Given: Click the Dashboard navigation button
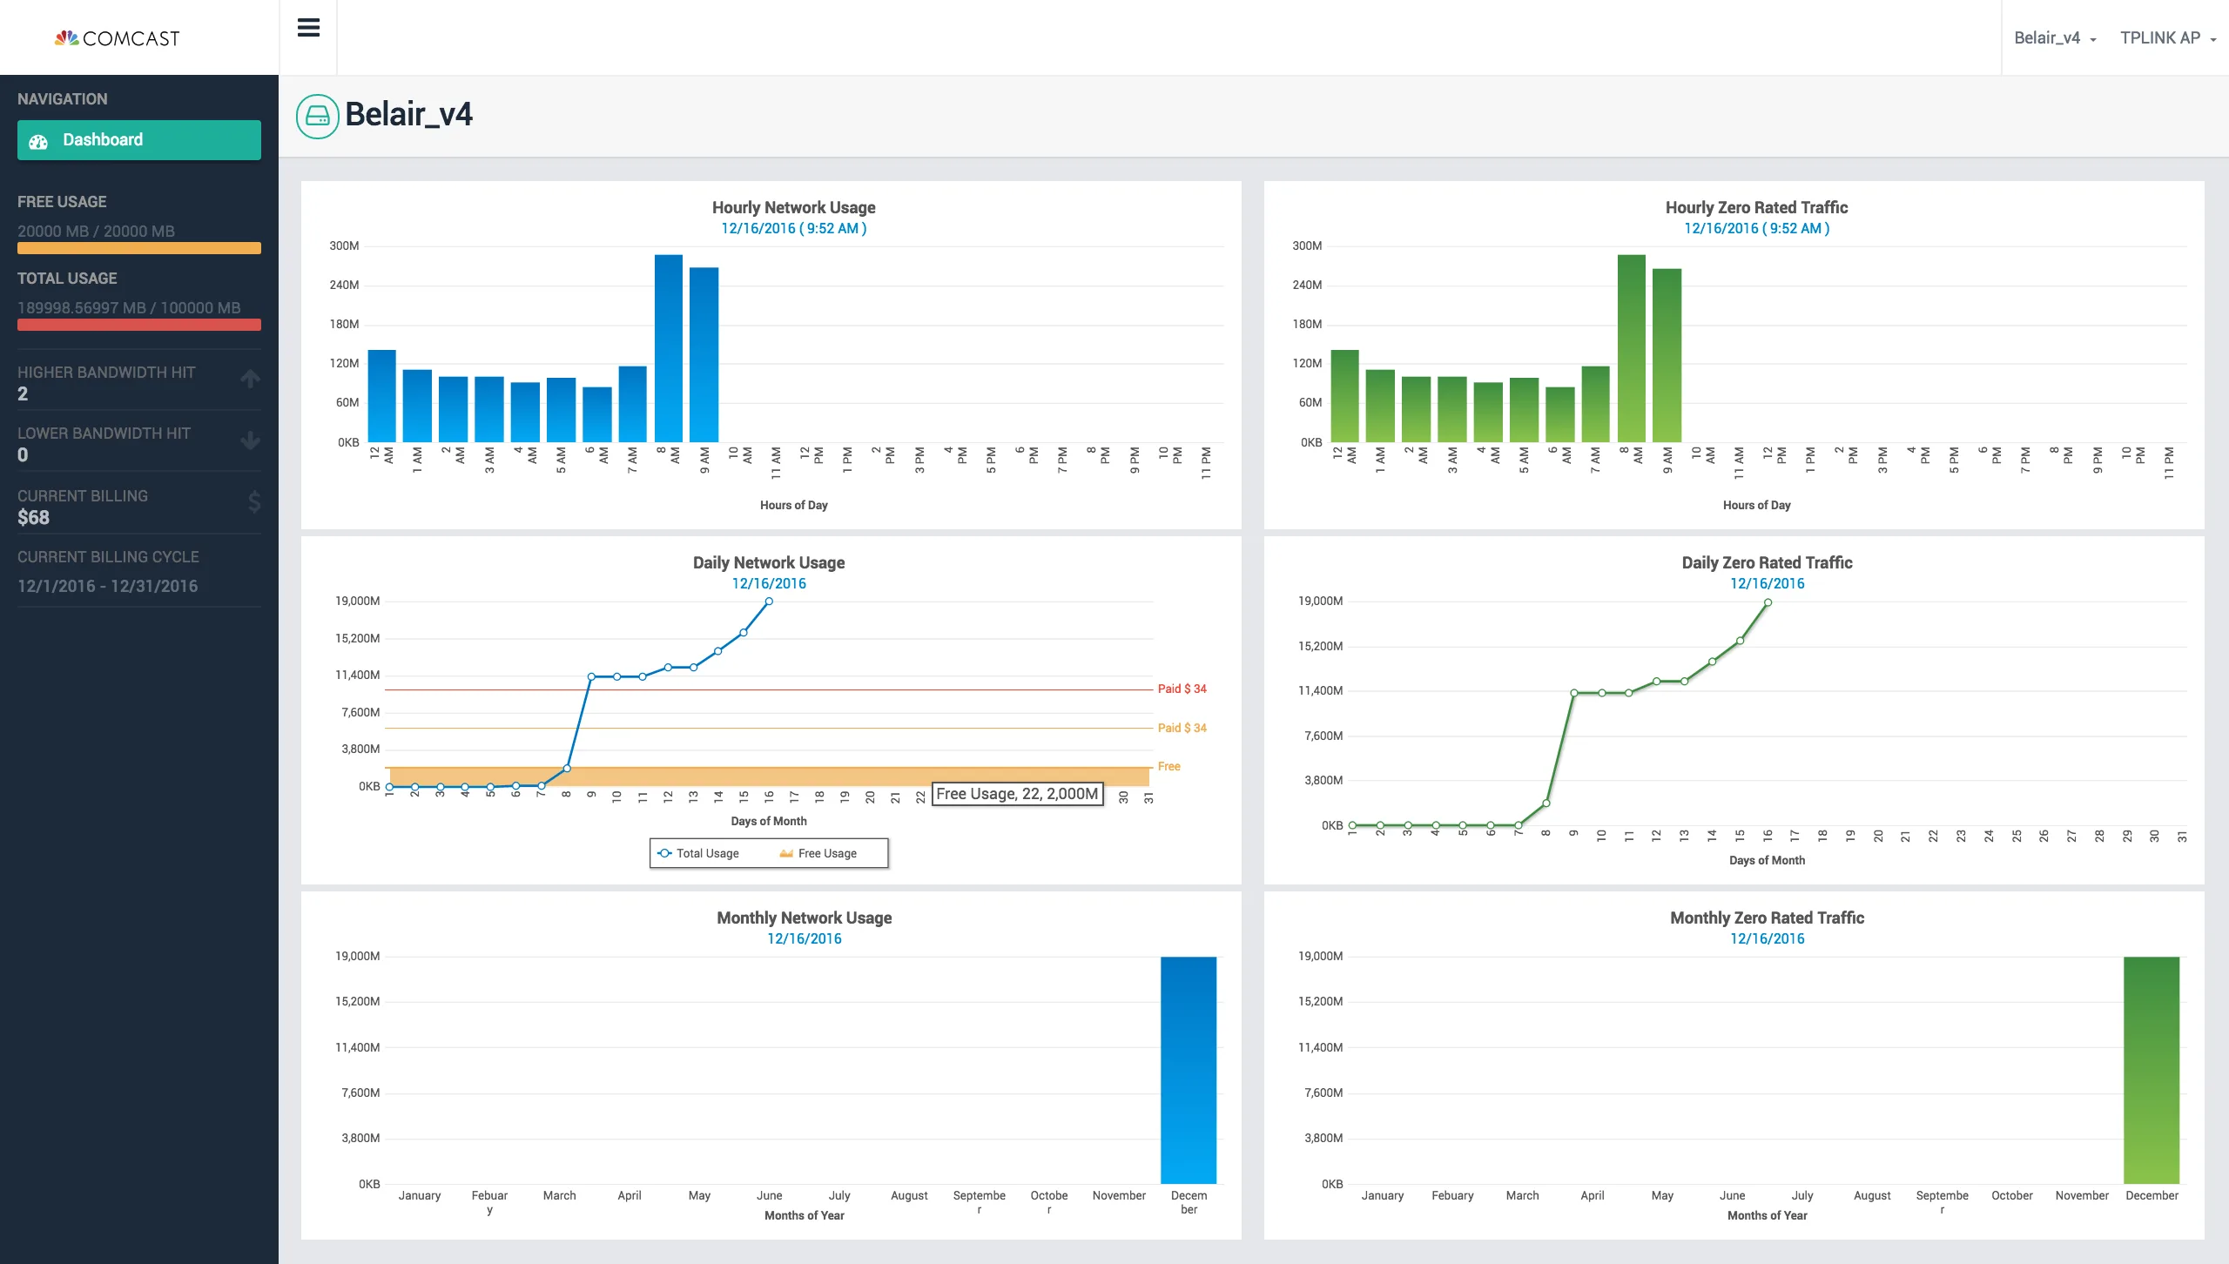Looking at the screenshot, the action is pos(139,140).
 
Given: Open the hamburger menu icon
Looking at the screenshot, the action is pos(308,28).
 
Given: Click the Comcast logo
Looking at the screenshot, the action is pos(118,38).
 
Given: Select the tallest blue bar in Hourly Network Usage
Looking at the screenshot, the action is pos(669,348).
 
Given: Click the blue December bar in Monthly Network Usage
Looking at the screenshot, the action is pos(1189,1070).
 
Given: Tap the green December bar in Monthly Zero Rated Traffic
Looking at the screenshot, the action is pos(2152,1070).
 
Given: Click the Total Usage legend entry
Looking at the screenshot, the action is pos(698,853).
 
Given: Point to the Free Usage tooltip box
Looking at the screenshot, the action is pos(1017,794).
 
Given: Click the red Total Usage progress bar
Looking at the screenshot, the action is pos(139,325).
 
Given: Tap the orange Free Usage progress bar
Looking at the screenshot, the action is pos(139,248).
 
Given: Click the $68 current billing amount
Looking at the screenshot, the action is pos(33,518).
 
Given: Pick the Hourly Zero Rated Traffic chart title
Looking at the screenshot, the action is pos(1756,207).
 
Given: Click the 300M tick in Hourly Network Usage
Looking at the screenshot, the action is pos(344,246).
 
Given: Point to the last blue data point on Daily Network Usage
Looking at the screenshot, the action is pos(769,602).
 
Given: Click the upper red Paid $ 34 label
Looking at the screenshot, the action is pos(1182,689).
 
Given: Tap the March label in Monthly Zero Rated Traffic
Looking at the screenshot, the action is pos(1522,1195).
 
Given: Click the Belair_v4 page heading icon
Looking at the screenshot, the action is pos(318,116).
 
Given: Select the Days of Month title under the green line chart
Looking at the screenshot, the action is pos(1767,860).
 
